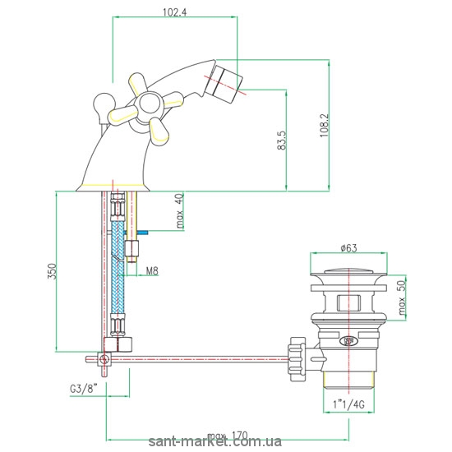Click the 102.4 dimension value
(x=175, y=12)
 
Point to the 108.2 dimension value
(x=325, y=125)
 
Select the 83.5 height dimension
(x=282, y=140)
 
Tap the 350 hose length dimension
(x=52, y=271)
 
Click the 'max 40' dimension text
(x=180, y=211)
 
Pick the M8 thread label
(x=152, y=271)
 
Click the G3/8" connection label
(x=84, y=390)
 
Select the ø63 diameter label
(x=348, y=248)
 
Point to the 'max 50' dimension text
(x=402, y=297)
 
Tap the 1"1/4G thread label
(x=348, y=404)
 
